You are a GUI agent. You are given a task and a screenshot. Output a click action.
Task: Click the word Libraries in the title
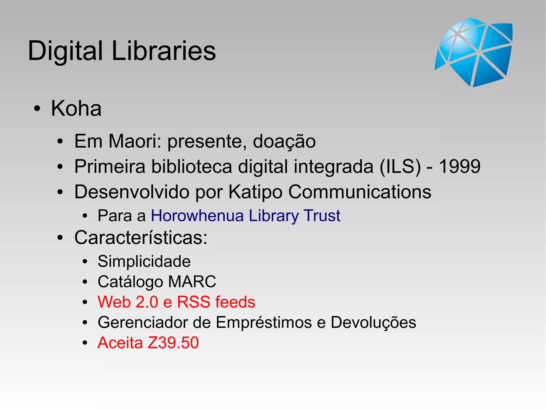pos(163,51)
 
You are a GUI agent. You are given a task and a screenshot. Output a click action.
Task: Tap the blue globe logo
pos(474,52)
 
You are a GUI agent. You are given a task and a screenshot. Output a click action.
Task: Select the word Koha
pos(76,108)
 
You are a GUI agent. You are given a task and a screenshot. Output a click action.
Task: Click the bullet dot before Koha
pos(37,109)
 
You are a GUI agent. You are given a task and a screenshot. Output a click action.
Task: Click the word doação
pos(284,141)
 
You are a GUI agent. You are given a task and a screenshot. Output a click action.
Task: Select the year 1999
pos(460,166)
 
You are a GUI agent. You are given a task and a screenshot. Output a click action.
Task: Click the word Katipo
pos(255,192)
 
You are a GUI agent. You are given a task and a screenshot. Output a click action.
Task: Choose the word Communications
pos(360,192)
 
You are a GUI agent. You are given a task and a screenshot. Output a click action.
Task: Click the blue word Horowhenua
pos(197,215)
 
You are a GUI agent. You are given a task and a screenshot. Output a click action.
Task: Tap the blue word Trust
pos(322,215)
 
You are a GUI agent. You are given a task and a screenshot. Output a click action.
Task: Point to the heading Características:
pos(141,237)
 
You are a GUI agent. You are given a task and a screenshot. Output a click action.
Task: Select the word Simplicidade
pos(144,261)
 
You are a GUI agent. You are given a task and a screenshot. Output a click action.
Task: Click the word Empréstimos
pos(264,322)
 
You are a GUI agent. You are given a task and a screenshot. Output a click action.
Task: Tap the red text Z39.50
pos(173,343)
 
